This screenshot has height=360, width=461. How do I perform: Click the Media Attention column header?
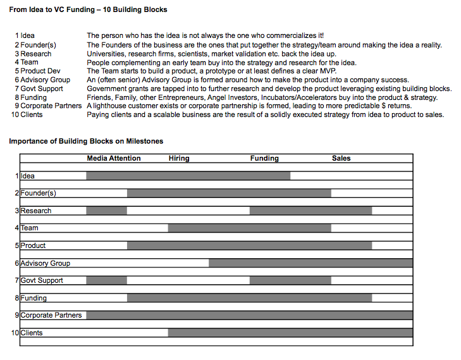pos(114,158)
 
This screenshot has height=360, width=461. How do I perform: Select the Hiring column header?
pos(179,158)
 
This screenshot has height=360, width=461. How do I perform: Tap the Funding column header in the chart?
pos(264,158)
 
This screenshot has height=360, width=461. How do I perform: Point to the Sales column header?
pos(341,158)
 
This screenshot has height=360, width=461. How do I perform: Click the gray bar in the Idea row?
pos(188,176)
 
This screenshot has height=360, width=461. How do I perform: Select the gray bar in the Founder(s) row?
pos(229,193)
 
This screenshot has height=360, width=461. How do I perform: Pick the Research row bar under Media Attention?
pos(106,211)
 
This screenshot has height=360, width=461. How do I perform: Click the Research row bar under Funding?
pos(310,211)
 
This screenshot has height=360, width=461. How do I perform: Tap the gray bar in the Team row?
pos(249,228)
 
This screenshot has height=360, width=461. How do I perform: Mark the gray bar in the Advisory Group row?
pos(310,263)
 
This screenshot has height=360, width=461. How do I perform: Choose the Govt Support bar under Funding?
pos(290,280)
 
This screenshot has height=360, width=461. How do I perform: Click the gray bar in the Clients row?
pos(290,333)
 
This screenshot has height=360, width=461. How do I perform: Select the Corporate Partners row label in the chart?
pos(51,315)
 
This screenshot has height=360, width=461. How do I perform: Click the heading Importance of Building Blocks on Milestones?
pos(86,141)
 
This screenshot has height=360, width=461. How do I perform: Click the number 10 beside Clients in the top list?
pos(15,115)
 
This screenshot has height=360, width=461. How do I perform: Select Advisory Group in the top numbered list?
pos(46,80)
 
